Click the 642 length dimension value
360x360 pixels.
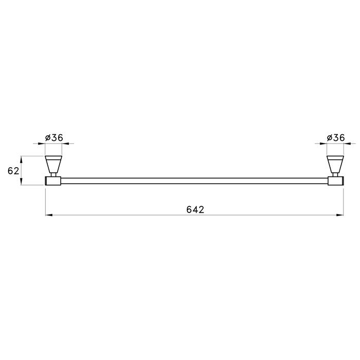point(195,210)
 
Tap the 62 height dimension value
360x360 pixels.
point(13,171)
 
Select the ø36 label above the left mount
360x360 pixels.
point(54,138)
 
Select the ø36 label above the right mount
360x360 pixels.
point(336,138)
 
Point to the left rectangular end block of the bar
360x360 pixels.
point(52,181)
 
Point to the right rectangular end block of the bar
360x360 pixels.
point(336,181)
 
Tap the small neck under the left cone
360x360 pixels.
point(53,175)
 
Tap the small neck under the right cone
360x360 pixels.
point(335,175)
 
